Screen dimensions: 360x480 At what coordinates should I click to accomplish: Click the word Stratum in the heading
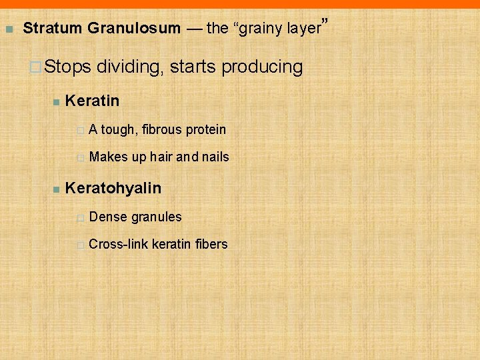click(x=52, y=29)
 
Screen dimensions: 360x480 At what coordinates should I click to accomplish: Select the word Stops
click(x=70, y=67)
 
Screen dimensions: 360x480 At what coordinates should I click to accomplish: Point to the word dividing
click(x=131, y=67)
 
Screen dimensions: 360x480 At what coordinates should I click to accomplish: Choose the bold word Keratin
click(x=93, y=101)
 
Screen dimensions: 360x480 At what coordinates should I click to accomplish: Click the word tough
click(x=119, y=129)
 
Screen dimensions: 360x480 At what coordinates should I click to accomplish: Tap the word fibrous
click(x=163, y=129)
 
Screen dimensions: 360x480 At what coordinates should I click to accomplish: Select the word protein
click(x=207, y=129)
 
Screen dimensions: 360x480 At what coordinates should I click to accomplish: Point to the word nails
click(x=215, y=157)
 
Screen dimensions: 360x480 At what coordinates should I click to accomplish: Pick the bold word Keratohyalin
click(x=113, y=188)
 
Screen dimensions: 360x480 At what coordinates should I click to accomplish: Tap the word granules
click(x=156, y=217)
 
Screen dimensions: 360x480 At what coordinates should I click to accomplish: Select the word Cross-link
click(x=119, y=244)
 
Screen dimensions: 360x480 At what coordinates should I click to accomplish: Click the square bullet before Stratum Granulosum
click(x=9, y=29)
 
